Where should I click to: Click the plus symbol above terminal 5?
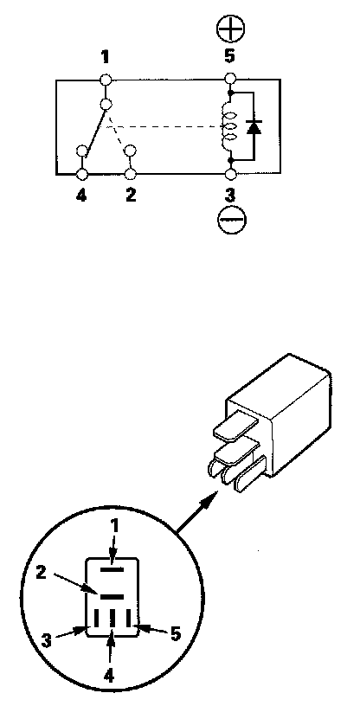click(230, 30)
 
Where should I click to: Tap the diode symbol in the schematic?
click(254, 127)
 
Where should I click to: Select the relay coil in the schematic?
click(229, 127)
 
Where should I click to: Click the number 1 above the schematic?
click(105, 57)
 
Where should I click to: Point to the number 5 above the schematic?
click(230, 57)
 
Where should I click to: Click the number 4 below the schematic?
click(81, 196)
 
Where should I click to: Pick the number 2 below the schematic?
click(131, 196)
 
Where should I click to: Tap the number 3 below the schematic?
click(230, 196)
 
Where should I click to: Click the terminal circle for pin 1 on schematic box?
click(106, 80)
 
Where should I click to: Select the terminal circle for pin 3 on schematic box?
click(230, 174)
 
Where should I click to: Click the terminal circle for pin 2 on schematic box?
click(131, 174)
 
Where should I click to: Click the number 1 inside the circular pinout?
click(115, 526)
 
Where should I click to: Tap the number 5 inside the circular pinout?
click(176, 634)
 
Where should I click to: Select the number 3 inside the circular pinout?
click(47, 641)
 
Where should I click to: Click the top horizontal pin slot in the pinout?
click(112, 569)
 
